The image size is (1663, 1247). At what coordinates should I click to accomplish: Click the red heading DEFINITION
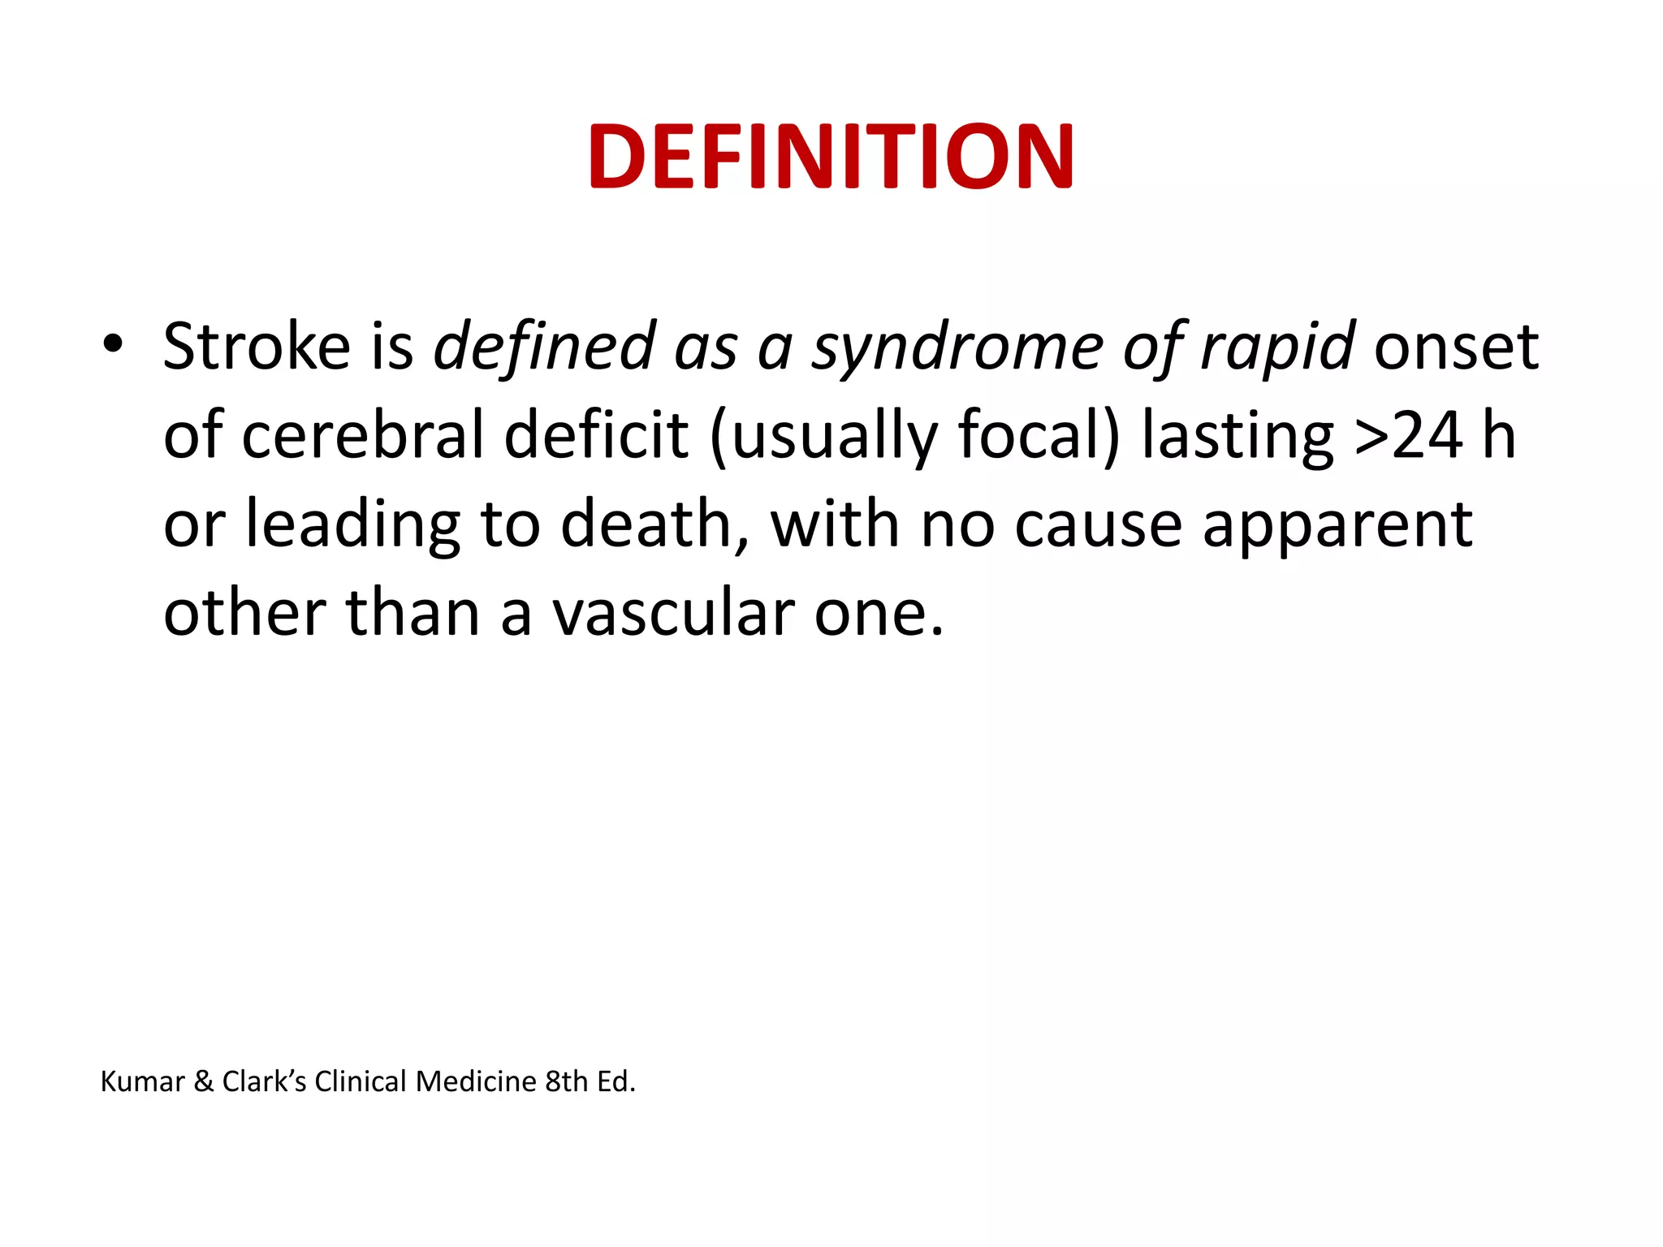coord(831,156)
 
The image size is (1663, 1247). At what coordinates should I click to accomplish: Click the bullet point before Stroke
coord(113,345)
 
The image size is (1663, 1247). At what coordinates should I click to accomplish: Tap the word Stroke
coord(257,347)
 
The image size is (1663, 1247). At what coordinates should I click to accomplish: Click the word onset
coord(1456,347)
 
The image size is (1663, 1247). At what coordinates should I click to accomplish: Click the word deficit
coord(597,435)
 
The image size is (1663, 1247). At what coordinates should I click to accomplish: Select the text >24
coord(1409,435)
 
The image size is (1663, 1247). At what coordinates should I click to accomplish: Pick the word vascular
coord(673,613)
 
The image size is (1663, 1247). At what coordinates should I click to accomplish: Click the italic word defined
coord(545,347)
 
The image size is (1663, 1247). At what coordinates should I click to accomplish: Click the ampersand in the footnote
coord(204,1081)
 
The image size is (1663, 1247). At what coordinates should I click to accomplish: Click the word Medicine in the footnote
coord(476,1081)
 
